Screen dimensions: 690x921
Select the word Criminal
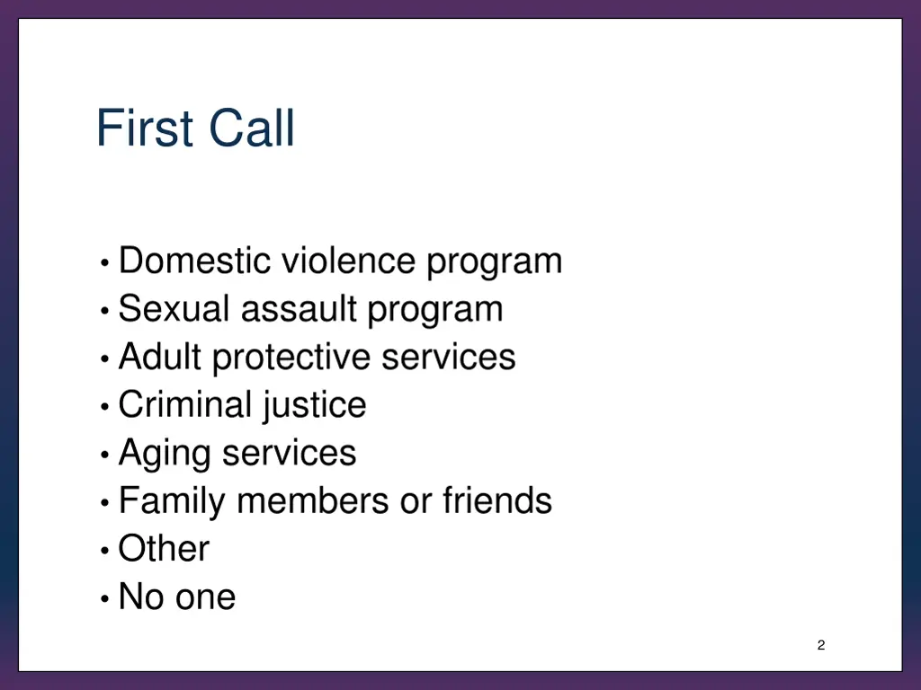pos(184,404)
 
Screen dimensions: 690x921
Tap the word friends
pos(496,500)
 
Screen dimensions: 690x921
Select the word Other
pos(164,549)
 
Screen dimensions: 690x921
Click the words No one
pos(177,597)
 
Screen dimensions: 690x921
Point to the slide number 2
pos(820,645)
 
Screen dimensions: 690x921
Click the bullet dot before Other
pos(105,549)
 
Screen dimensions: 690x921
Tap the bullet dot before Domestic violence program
pos(105,263)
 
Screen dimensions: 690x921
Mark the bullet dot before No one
pos(105,597)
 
